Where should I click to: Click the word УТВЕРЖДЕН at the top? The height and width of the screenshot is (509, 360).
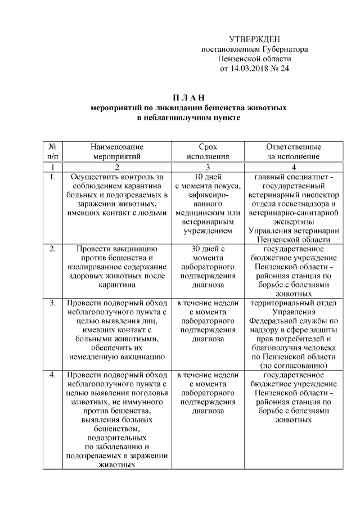coord(254,39)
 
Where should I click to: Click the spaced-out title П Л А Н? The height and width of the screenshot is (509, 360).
coord(188,98)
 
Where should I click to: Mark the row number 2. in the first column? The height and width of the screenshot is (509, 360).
coord(52,248)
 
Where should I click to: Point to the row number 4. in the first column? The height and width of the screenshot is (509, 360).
coord(52,375)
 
